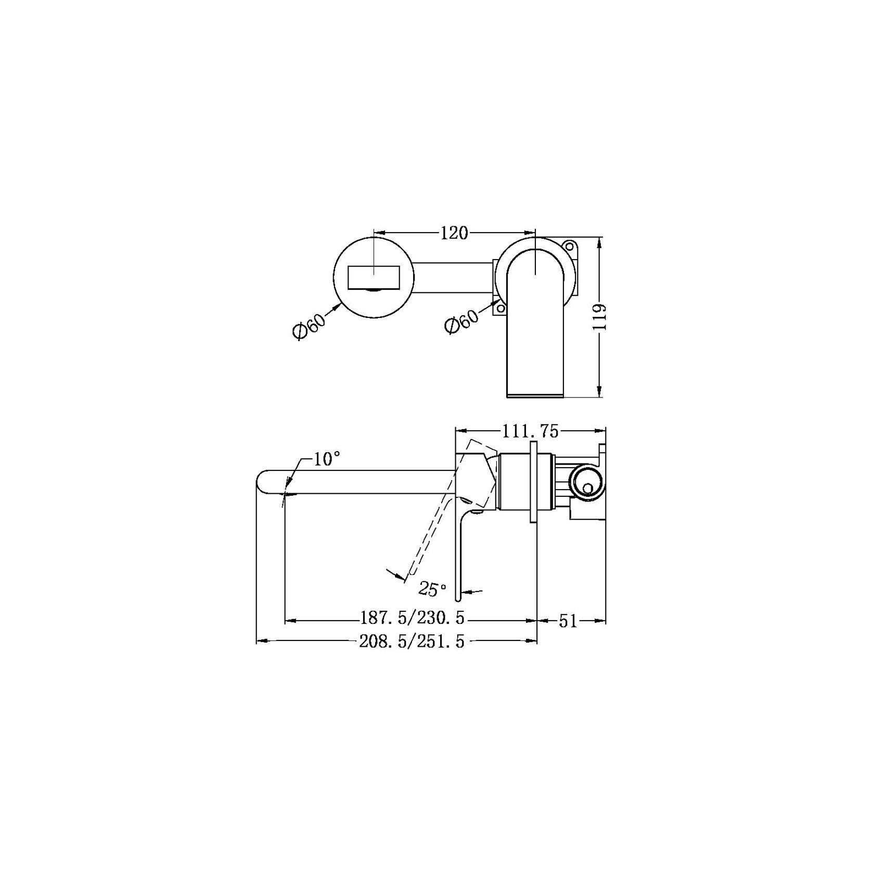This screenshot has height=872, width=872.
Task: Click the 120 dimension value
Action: pyautogui.click(x=454, y=234)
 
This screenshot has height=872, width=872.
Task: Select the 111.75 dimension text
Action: pyautogui.click(x=530, y=431)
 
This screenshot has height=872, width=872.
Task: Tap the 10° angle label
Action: pyautogui.click(x=327, y=459)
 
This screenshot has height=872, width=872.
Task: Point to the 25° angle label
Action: pyautogui.click(x=433, y=589)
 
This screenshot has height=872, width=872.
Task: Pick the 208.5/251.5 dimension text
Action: pyautogui.click(x=412, y=642)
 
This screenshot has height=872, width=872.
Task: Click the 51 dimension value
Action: pyautogui.click(x=568, y=621)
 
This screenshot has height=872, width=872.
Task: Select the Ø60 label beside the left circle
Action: pyautogui.click(x=309, y=324)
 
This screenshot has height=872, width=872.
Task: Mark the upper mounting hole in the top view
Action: pyautogui.click(x=570, y=246)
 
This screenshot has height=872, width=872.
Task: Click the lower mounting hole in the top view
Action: pyautogui.click(x=500, y=309)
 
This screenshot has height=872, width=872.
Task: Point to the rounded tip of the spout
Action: pyautogui.click(x=261, y=481)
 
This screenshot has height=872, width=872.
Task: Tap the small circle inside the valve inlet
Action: pyautogui.click(x=588, y=488)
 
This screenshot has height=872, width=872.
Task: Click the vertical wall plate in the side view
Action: pyautogui.click(x=533, y=482)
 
